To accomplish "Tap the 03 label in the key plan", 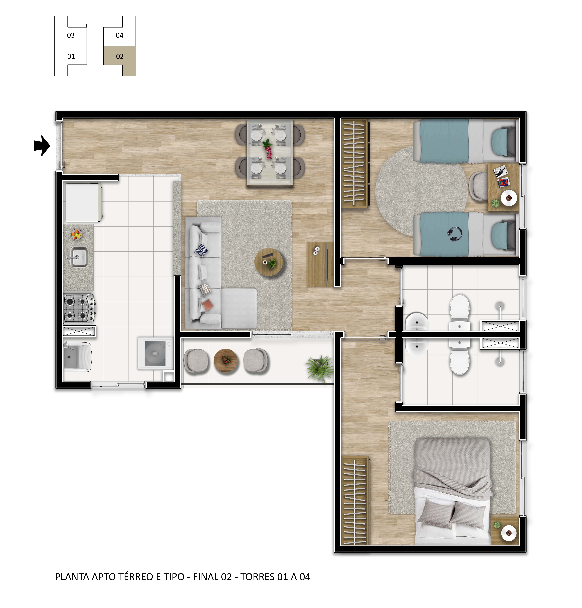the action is (71, 35).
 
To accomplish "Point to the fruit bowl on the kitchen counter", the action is (77, 234).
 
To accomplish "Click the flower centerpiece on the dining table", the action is (267, 148).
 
